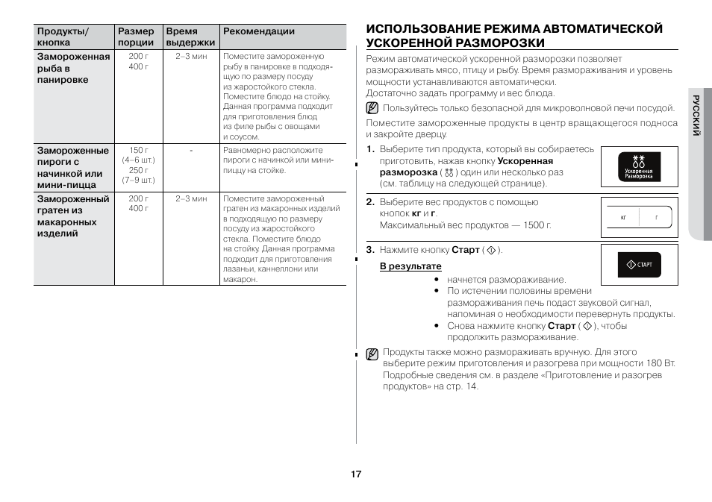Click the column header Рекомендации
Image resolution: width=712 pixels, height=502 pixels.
point(259,31)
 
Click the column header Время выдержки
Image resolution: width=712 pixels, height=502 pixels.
point(190,37)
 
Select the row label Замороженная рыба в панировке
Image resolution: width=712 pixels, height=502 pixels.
point(73,68)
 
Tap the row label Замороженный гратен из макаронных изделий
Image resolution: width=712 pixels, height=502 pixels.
point(73,216)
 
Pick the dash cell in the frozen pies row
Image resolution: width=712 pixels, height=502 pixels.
point(191,151)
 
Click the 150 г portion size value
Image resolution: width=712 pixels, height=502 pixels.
point(138,151)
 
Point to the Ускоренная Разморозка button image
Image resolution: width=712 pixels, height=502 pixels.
point(638,166)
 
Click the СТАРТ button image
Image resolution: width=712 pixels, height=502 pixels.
point(638,265)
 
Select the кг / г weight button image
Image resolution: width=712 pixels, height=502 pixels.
point(638,217)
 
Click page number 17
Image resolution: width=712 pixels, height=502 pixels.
point(356,474)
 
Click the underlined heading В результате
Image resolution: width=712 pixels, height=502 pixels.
point(410,266)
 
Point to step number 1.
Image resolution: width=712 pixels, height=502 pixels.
point(369,149)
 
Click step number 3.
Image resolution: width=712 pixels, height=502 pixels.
point(369,250)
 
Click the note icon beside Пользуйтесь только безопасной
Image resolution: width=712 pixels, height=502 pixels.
point(372,108)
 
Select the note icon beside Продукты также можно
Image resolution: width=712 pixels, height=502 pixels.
point(372,354)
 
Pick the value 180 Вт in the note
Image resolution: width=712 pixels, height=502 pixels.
point(661,363)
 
